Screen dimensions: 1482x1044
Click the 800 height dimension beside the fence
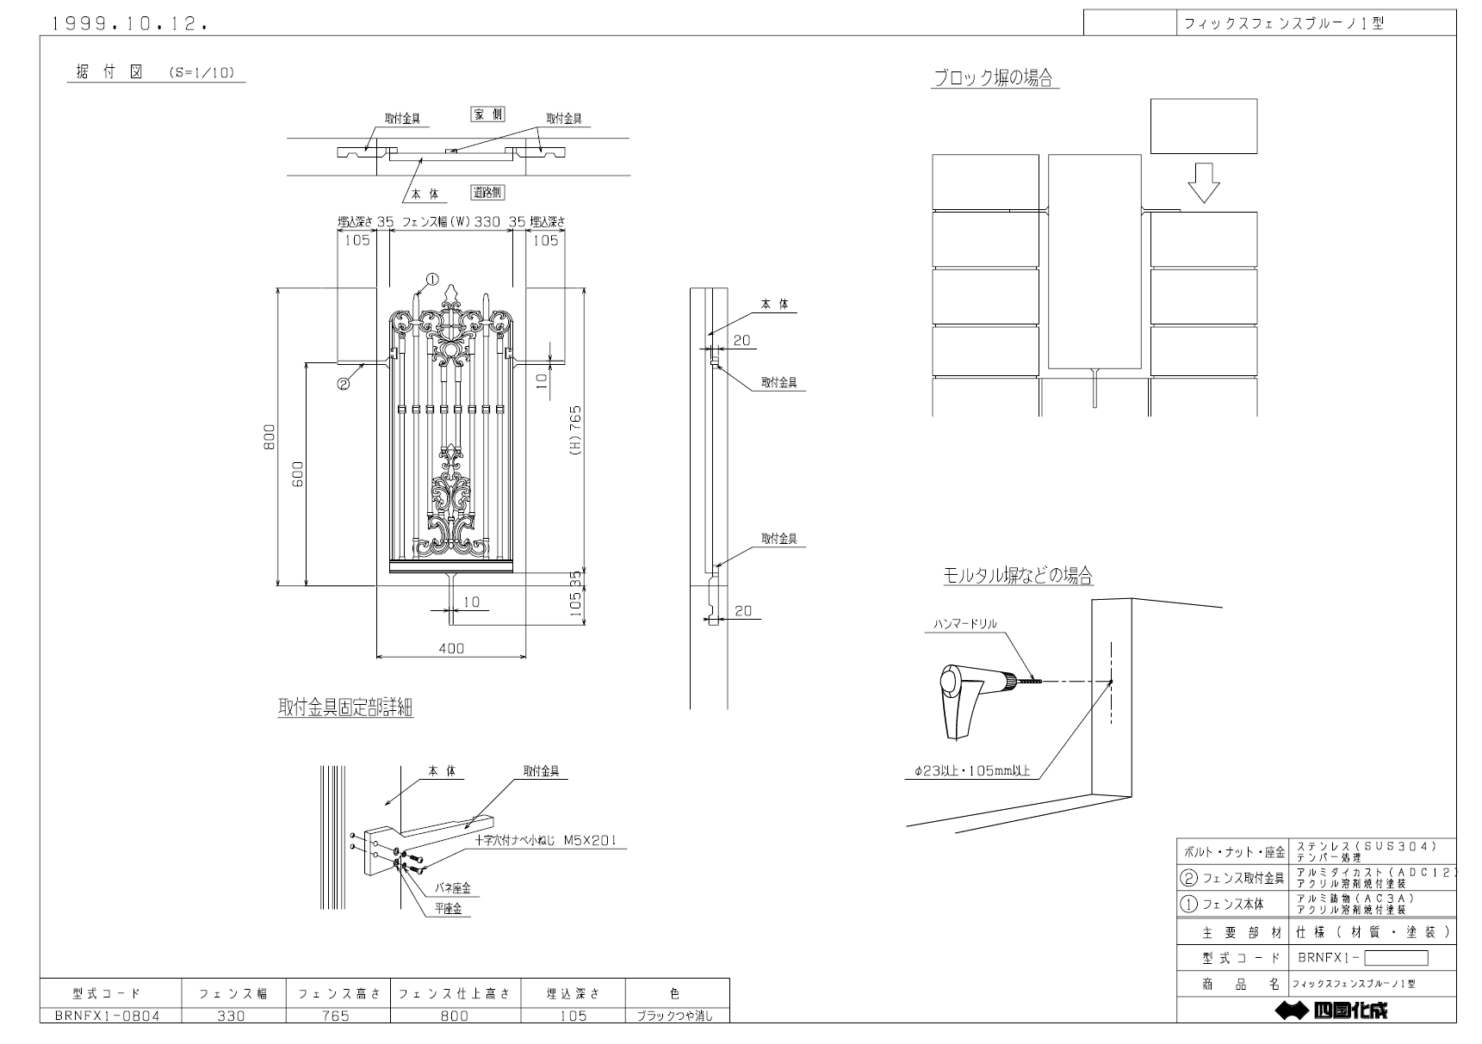click(x=270, y=437)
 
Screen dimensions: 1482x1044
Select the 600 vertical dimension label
click(x=298, y=475)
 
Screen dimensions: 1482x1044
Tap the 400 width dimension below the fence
click(x=451, y=648)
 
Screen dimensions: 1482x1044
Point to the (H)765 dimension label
click(x=576, y=430)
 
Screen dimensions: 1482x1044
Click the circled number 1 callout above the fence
click(x=432, y=279)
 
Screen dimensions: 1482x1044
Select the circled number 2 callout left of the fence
click(x=343, y=384)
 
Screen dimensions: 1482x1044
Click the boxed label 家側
click(x=487, y=114)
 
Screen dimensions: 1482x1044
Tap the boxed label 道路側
click(x=487, y=192)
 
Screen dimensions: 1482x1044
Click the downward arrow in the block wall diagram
click(x=1203, y=183)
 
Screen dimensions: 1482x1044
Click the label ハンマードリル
click(x=965, y=623)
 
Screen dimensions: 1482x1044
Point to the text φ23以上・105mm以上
click(x=973, y=772)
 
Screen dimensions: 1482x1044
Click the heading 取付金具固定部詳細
click(x=345, y=708)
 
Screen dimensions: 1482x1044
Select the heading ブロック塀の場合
click(x=994, y=78)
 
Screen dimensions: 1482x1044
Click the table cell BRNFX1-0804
click(x=108, y=1016)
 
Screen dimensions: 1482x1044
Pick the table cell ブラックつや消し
click(x=676, y=1016)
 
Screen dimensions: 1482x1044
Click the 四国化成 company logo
click(x=1332, y=1010)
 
